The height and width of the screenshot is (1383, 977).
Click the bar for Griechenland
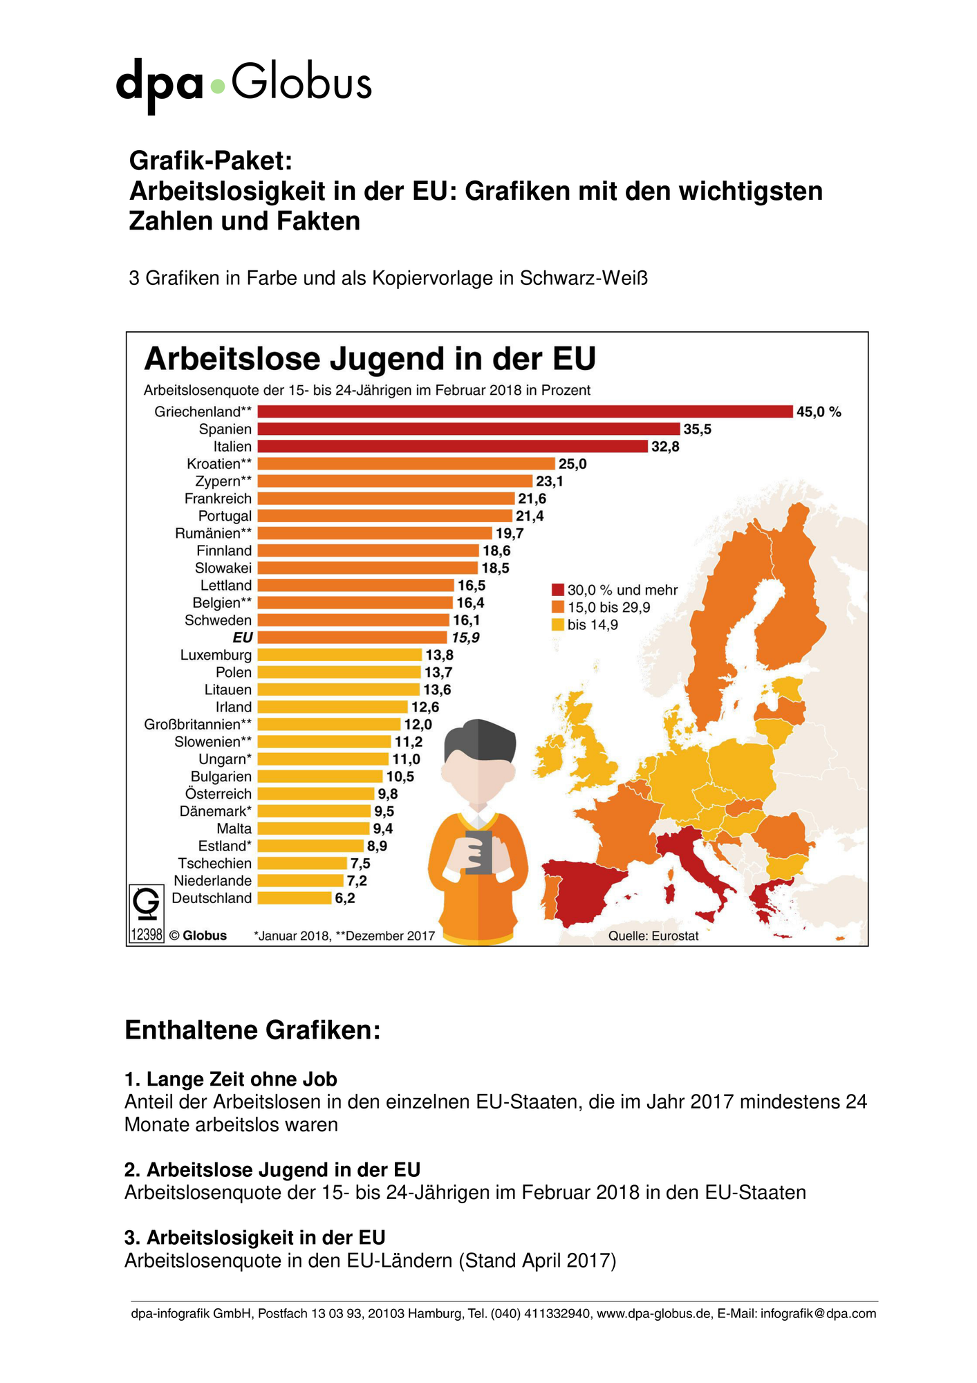click(525, 411)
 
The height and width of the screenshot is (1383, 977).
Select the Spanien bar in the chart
click(469, 429)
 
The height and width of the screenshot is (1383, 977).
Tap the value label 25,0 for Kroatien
click(573, 464)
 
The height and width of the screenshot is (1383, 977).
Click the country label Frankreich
click(218, 499)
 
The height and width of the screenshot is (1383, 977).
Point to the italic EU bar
click(353, 638)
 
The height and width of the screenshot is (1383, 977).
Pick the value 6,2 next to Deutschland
click(345, 898)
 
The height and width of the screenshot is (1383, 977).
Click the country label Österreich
click(218, 794)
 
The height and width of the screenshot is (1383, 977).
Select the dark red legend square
click(558, 590)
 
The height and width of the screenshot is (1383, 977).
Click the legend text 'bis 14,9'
click(593, 625)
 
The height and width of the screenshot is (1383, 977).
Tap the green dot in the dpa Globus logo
click(218, 86)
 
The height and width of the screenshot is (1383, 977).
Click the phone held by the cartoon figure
click(478, 853)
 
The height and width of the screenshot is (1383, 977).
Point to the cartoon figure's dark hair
click(480, 740)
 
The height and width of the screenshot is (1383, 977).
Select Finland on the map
click(795, 595)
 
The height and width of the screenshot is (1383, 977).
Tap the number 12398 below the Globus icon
click(147, 935)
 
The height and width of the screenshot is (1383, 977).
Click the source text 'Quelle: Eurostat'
click(653, 936)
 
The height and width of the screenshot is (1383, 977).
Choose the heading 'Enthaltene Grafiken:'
click(252, 1031)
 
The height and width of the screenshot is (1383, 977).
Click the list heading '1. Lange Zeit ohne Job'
click(231, 1079)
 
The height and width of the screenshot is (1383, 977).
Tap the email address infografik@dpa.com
click(818, 1313)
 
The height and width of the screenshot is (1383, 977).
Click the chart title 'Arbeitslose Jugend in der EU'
click(370, 360)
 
